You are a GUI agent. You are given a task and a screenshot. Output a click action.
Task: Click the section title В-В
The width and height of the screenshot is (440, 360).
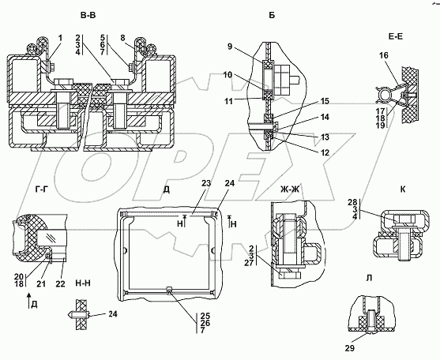tap(88, 16)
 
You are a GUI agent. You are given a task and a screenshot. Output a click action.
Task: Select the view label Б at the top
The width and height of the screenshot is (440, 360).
tap(272, 16)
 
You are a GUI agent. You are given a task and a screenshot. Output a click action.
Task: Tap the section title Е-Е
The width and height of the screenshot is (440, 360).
tap(395, 36)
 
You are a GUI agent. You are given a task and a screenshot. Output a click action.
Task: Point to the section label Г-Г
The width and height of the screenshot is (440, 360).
tap(42, 189)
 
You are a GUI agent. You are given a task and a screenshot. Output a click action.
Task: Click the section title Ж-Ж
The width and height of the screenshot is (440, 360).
tap(290, 189)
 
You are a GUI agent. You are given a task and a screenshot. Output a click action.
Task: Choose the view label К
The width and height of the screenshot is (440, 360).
tap(403, 189)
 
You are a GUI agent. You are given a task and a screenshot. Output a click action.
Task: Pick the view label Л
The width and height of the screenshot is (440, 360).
tap(369, 278)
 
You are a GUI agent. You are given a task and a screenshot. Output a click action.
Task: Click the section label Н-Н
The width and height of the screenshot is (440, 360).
tap(83, 283)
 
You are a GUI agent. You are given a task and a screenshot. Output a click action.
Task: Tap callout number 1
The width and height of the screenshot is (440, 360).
tap(61, 38)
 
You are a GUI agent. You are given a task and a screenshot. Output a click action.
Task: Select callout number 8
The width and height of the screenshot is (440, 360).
tap(123, 38)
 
